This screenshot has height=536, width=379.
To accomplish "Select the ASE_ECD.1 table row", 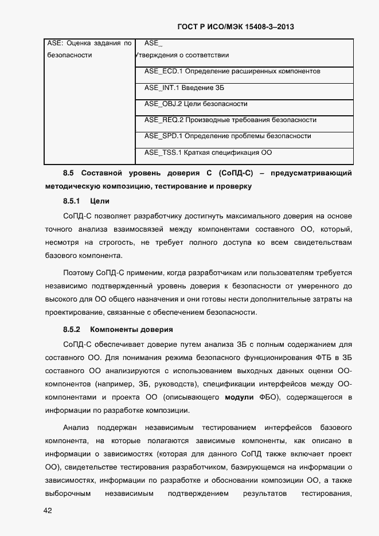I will pos(232,72).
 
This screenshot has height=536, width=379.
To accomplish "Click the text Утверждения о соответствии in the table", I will pos(182,56).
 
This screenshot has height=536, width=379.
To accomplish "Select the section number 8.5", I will pos(69,173).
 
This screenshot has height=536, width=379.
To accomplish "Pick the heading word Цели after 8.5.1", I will pos(100,201).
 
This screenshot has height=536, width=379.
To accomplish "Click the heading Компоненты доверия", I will pos(131,330).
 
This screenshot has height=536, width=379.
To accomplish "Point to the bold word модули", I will pos(239,397).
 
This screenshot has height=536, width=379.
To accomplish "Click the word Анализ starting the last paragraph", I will pos(76,428).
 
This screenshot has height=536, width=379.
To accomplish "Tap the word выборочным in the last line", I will pos(67,494).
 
